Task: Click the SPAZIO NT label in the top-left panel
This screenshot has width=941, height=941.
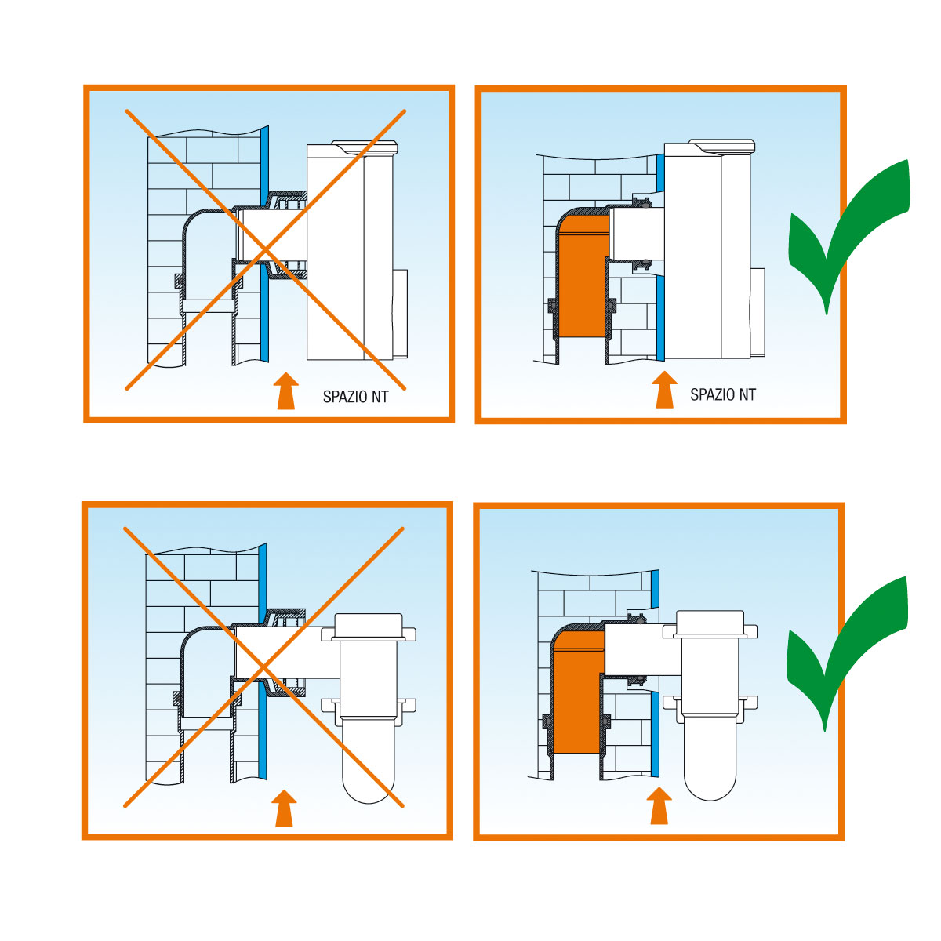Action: tap(355, 397)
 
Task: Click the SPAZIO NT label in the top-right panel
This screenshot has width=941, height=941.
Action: tap(723, 394)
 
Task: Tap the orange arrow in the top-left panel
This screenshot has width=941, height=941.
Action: tap(285, 391)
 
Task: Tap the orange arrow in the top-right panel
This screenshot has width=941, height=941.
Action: tap(665, 390)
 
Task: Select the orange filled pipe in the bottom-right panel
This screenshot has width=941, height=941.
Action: tap(578, 693)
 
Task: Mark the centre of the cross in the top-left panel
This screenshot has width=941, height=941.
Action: tap(266, 250)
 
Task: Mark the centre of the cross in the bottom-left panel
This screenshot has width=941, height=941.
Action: tap(263, 667)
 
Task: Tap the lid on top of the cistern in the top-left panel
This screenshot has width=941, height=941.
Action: tap(365, 147)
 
